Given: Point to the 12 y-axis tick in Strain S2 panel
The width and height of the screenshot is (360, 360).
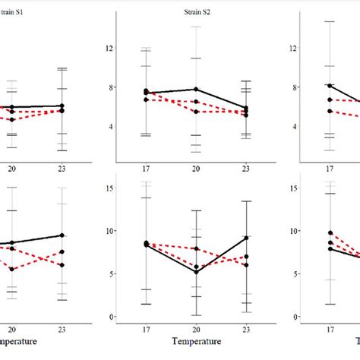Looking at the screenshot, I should coord(109,48).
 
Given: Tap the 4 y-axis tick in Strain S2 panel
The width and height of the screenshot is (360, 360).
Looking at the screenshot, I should coord(111,127).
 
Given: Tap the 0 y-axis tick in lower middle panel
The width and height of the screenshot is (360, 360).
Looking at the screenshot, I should coord(111,317).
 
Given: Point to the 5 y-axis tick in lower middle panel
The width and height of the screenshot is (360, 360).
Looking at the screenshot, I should coord(111,273).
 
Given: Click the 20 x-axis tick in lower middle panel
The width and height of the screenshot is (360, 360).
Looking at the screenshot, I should coord(197,331).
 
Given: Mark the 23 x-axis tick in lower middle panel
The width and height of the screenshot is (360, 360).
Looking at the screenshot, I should coord(245,331).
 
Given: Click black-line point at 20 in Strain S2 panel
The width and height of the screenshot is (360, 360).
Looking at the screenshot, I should coord(197,90).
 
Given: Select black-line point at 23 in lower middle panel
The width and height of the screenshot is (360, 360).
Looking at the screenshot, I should coord(245,238).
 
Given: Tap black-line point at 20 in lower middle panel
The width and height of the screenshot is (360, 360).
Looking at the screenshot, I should coord(197,272).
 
